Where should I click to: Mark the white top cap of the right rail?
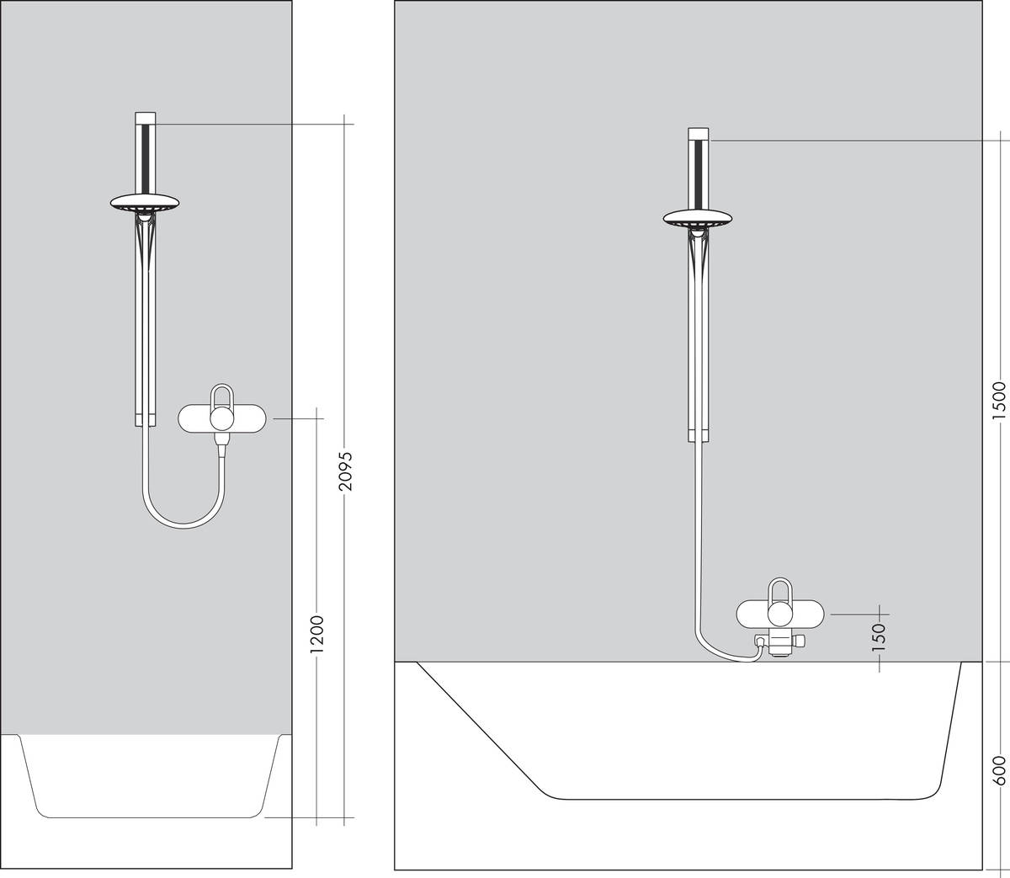[x=698, y=134]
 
